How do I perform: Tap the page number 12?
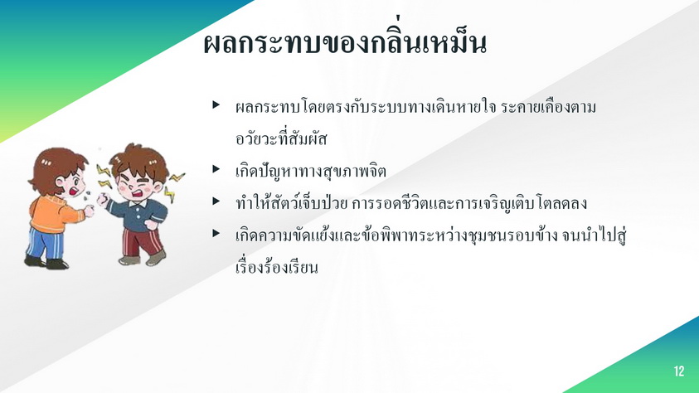(x=678, y=371)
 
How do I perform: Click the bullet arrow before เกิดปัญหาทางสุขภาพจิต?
(x=216, y=169)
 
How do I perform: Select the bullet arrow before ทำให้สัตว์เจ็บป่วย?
(x=216, y=201)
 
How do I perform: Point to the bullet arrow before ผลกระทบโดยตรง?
(x=216, y=104)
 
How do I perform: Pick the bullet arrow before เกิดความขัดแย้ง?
(x=216, y=233)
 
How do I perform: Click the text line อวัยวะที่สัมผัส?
(x=281, y=138)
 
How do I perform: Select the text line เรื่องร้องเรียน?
(x=277, y=266)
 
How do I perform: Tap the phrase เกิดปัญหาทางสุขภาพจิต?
(x=311, y=171)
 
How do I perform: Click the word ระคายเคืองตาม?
(x=548, y=108)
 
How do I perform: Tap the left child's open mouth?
(x=73, y=191)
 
